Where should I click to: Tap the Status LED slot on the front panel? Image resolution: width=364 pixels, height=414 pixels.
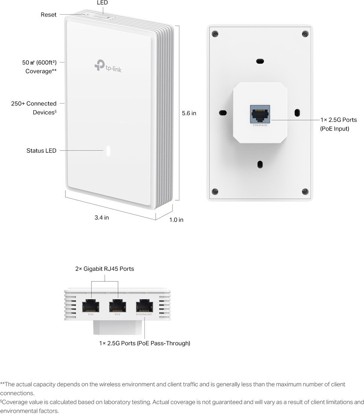108,151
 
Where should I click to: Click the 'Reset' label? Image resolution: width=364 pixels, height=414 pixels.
49,15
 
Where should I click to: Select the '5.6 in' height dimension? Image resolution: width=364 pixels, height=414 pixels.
189,113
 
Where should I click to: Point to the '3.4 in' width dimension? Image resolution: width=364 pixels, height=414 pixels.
102,218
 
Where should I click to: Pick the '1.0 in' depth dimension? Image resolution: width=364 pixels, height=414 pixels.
176,219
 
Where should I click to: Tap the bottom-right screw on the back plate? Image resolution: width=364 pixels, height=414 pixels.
305,191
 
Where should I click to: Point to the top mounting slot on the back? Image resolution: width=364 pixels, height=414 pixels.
259,61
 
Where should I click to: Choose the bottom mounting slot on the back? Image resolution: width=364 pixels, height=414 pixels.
259,164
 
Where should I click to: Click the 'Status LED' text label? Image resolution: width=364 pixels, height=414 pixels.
41,151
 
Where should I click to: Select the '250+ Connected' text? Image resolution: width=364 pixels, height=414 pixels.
34,103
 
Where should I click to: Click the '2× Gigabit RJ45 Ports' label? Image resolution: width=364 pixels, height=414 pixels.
105,269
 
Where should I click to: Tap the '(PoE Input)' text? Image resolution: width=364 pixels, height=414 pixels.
334,129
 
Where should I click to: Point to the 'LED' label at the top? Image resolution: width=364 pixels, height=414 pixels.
102,3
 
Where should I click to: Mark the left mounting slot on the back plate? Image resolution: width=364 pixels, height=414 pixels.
223,113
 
